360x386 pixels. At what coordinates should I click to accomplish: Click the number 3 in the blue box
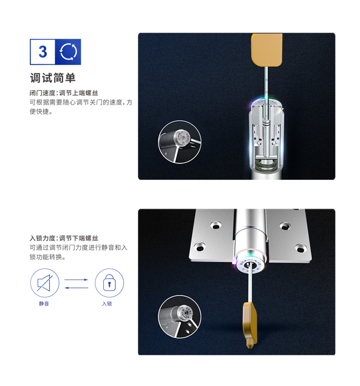(x=43, y=52)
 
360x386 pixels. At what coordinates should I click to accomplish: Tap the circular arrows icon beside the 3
(x=68, y=52)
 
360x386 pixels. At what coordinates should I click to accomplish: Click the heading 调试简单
(x=53, y=78)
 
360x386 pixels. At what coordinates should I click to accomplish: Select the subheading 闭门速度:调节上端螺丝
(x=64, y=93)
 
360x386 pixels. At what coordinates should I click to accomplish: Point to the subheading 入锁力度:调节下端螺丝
(x=64, y=238)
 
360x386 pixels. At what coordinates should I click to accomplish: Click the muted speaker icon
(x=45, y=283)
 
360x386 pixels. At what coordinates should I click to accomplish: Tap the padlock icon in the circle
(x=109, y=283)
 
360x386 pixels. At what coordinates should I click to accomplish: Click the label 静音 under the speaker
(x=44, y=303)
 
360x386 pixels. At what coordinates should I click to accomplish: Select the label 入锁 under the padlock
(x=107, y=303)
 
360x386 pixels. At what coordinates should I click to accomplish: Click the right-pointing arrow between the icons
(x=76, y=280)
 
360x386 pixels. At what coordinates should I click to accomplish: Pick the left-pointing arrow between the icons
(x=76, y=287)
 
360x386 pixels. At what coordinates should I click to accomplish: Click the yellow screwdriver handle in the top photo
(x=267, y=50)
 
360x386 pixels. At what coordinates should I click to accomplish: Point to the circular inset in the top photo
(x=180, y=142)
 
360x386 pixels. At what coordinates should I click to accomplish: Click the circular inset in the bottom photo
(x=180, y=316)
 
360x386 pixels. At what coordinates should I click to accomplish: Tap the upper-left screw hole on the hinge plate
(x=216, y=225)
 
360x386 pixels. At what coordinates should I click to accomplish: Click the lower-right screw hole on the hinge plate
(x=301, y=248)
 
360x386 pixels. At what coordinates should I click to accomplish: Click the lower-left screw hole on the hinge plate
(x=200, y=247)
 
